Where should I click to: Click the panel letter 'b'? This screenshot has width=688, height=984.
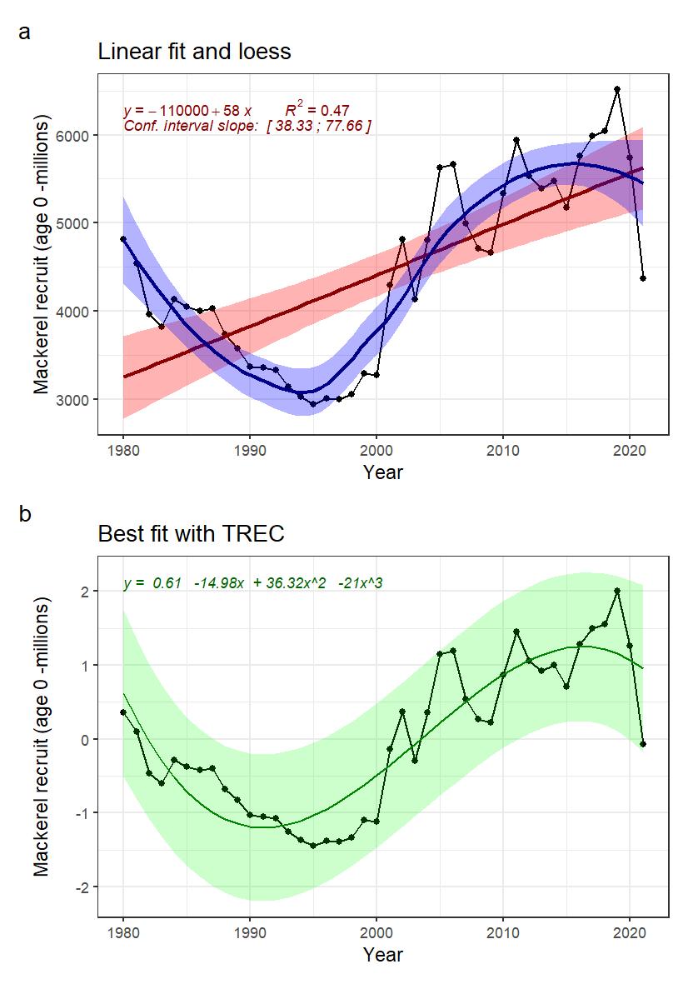tap(25, 515)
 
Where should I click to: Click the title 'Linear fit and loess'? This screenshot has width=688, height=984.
tap(194, 52)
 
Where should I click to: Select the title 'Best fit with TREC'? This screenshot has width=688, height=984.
tap(192, 533)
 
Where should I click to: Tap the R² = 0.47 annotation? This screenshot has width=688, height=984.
tap(317, 110)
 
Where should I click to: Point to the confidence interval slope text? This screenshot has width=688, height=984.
tap(247, 126)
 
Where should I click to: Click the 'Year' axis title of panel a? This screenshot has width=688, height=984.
tap(383, 472)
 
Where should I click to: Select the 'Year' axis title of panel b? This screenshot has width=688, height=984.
tap(383, 955)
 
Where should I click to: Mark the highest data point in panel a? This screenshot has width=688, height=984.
tap(617, 89)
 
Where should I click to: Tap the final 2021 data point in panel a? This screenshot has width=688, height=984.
tap(643, 278)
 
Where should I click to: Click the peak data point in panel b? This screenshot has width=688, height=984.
tap(617, 591)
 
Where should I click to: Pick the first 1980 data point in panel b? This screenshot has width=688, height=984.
tap(123, 712)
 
